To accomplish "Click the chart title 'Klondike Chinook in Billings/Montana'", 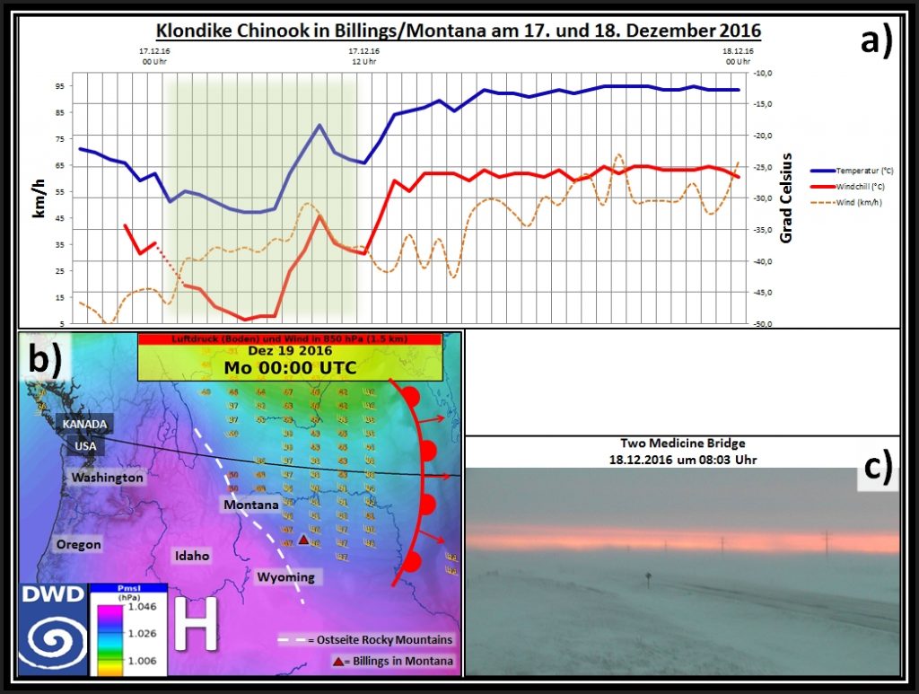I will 459,31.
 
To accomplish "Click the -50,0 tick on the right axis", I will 764,324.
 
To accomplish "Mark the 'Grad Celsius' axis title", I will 786,198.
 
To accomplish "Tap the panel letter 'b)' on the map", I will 45,360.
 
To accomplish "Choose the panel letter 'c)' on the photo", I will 876,468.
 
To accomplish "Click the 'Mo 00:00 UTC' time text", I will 290,367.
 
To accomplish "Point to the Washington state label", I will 108,478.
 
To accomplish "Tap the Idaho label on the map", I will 193,556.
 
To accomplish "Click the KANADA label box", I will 85,424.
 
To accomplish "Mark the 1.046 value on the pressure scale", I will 140,607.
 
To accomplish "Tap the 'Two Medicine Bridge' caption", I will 681,444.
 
